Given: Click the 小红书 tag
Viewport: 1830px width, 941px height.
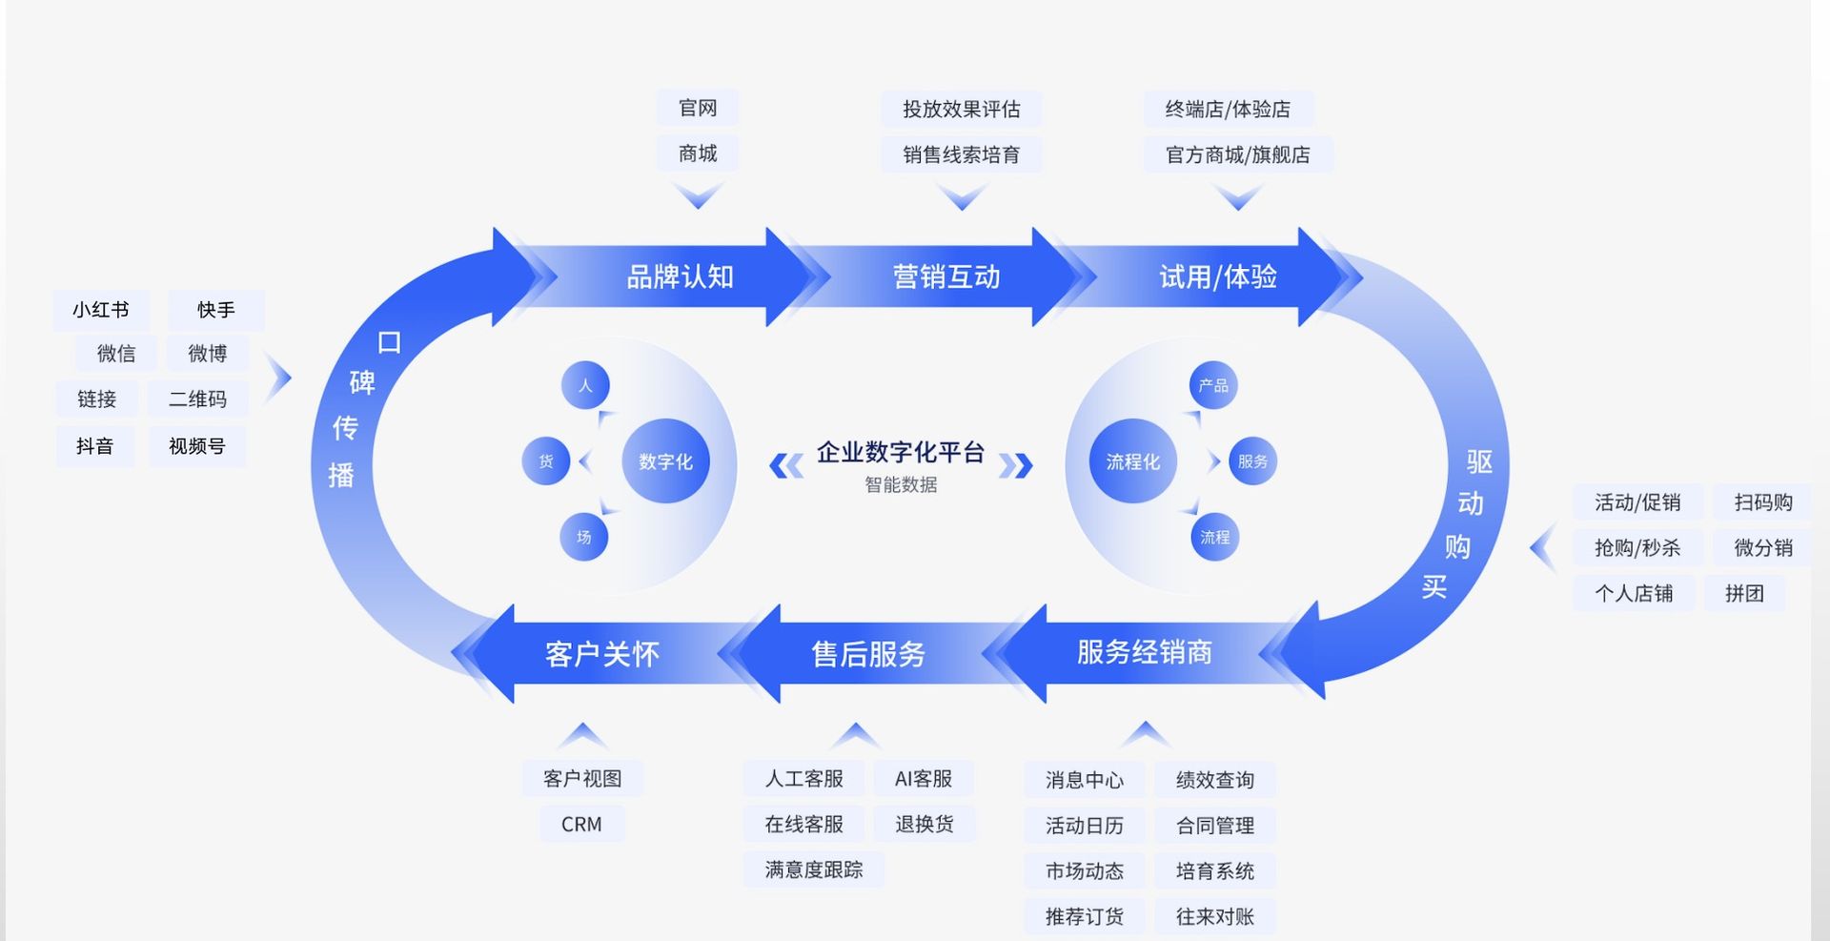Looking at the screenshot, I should point(100,310).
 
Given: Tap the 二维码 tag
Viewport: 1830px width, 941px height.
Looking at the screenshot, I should point(197,399).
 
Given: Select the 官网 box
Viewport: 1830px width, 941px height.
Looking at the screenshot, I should point(697,108).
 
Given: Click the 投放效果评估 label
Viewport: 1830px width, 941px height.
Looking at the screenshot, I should point(961,109).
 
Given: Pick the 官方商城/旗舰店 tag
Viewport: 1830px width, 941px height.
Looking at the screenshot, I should point(1237,154).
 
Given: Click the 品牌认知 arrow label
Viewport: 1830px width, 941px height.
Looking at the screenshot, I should point(680,277).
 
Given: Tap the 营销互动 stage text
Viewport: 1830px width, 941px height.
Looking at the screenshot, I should point(945,277).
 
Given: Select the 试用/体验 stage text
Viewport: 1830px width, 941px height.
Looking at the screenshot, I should point(1217,277).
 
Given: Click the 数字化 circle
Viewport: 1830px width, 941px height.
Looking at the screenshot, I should point(665,461).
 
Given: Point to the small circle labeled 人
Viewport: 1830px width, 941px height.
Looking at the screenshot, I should point(585,385).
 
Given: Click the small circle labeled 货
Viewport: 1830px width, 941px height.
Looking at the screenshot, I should point(546,461).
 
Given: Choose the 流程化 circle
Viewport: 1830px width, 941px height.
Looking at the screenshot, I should point(1132,461).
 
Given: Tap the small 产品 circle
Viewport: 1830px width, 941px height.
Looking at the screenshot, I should point(1213,385).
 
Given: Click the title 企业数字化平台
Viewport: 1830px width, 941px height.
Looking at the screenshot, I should point(900,452).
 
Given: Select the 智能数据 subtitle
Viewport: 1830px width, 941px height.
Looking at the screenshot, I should point(901,484).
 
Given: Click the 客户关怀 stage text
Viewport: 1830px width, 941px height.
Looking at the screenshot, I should point(601,654).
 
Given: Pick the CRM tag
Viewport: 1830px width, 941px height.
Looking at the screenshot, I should point(581,824).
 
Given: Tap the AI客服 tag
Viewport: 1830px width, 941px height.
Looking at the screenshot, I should point(923,779).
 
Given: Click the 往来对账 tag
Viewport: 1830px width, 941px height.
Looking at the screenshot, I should point(1214,916).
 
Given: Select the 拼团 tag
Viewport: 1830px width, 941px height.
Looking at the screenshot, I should point(1743,593).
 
